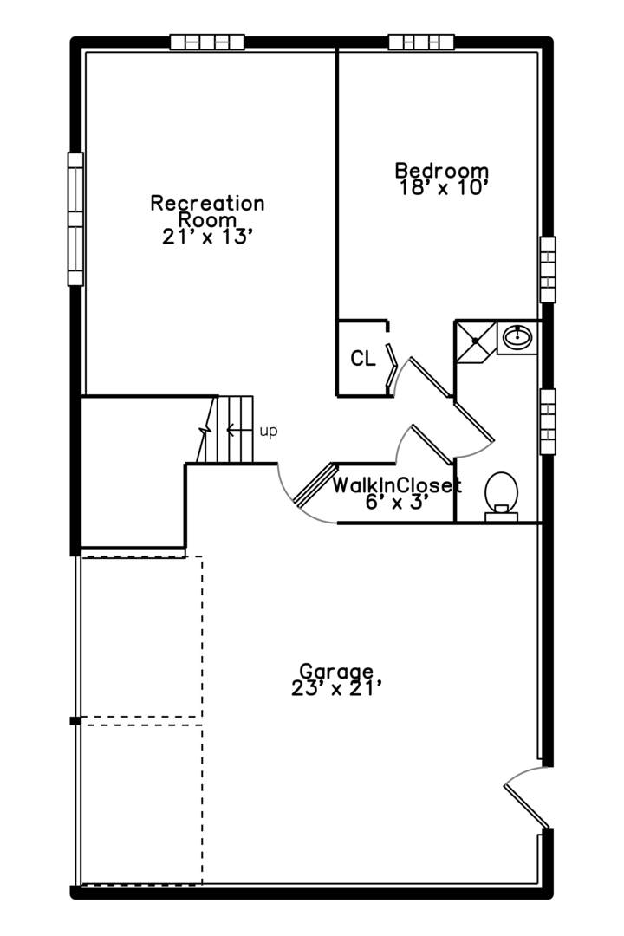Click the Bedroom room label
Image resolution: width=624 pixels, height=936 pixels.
pyautogui.click(x=442, y=171)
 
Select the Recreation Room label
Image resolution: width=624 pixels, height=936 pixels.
pyautogui.click(x=207, y=211)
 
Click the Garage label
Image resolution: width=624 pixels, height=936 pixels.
pyautogui.click(x=336, y=673)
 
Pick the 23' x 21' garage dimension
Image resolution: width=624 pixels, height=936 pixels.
pyautogui.click(x=336, y=689)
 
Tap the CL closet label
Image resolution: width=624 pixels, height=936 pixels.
pyautogui.click(x=363, y=359)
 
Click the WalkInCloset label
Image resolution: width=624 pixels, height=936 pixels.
pyautogui.click(x=397, y=485)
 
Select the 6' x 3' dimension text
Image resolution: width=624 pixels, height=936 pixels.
pyautogui.click(x=397, y=502)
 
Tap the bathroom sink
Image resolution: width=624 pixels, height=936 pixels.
pyautogui.click(x=517, y=337)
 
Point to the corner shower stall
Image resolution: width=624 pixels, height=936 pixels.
pyautogui.click(x=476, y=341)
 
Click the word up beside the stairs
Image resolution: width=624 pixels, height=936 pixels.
pyautogui.click(x=269, y=431)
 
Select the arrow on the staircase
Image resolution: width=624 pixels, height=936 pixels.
pyautogui.click(x=239, y=429)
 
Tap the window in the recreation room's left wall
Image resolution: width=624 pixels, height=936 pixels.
pyautogui.click(x=75, y=219)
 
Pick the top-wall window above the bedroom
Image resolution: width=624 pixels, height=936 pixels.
pyautogui.click(x=421, y=42)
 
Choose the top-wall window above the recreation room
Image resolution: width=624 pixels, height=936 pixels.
pyautogui.click(x=207, y=42)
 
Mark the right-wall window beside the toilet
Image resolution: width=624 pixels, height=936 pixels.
pyautogui.click(x=548, y=421)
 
